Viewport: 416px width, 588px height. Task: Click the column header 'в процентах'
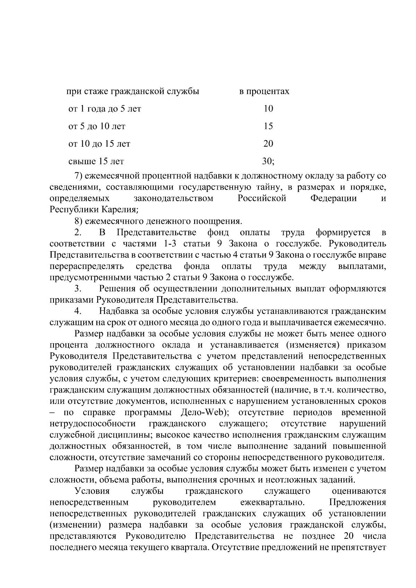click(264, 91)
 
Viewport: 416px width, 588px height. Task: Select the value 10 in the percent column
click(268, 109)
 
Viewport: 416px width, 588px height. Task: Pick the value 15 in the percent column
click(268, 126)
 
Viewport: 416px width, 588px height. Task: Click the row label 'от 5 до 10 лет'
click(97, 126)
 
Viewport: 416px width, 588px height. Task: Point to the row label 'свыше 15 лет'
click(96, 161)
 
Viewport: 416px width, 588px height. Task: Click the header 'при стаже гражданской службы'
click(133, 91)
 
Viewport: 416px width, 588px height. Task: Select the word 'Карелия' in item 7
click(121, 209)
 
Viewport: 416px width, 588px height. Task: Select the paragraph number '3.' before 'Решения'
click(78, 288)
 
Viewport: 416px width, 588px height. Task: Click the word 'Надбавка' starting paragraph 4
click(118, 311)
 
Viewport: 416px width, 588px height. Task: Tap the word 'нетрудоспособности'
click(93, 424)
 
